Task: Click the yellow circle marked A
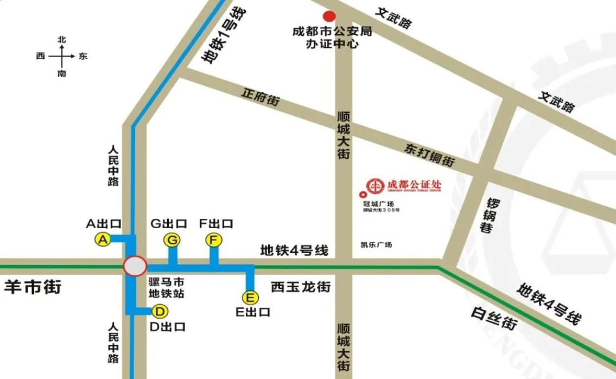click(103, 239)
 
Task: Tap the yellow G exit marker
click(172, 239)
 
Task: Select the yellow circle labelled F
click(214, 239)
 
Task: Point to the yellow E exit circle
click(250, 298)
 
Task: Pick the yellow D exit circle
click(160, 312)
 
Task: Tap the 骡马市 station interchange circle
click(135, 266)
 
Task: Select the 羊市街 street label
click(32, 287)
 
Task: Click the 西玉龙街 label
click(301, 287)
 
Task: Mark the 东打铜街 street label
click(429, 155)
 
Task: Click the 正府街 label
click(261, 97)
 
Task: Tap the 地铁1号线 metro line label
click(223, 36)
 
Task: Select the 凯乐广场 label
click(376, 245)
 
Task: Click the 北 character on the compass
click(62, 40)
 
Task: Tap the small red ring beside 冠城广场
click(363, 195)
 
